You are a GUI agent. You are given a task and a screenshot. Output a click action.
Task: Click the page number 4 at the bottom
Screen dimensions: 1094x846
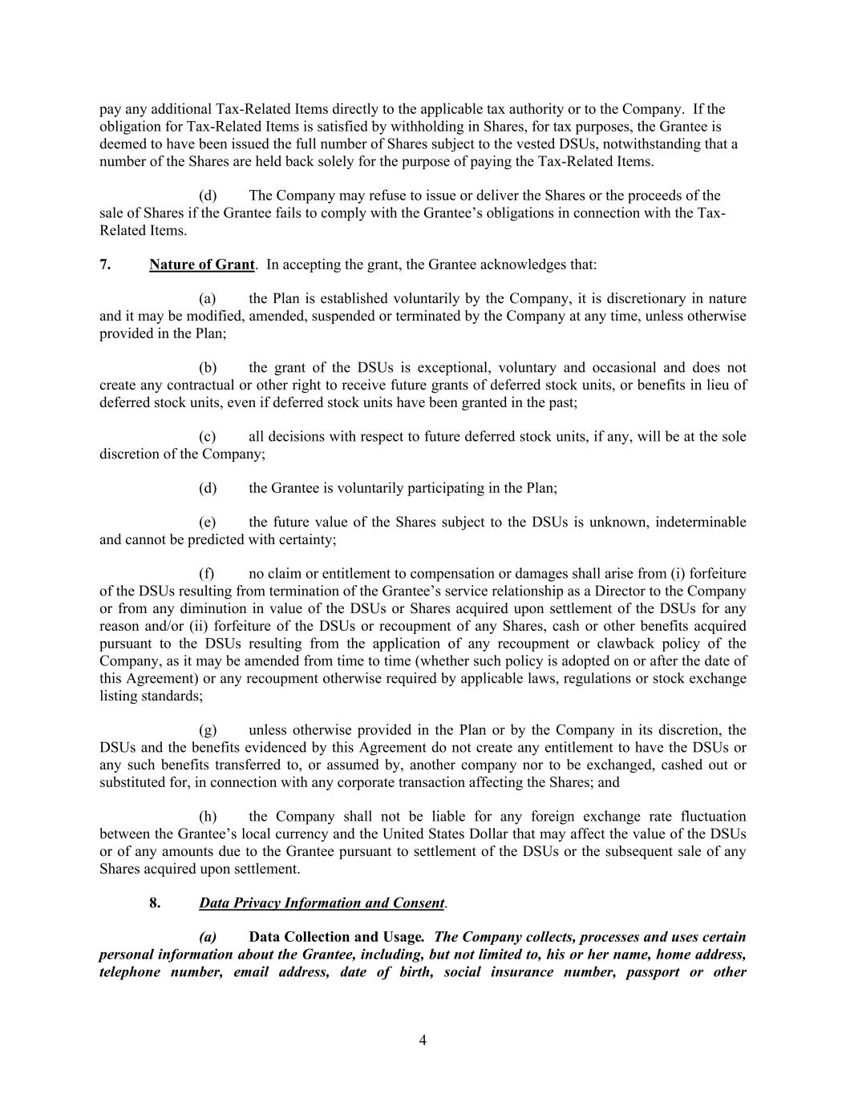point(423,1041)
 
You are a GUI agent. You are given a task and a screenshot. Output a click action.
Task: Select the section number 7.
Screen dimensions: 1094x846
point(105,264)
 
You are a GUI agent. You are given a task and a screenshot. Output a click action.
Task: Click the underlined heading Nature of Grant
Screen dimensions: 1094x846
point(201,264)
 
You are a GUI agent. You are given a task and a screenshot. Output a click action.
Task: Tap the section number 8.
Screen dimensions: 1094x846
point(155,903)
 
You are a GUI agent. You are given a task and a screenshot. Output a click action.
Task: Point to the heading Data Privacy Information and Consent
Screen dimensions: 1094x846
point(322,903)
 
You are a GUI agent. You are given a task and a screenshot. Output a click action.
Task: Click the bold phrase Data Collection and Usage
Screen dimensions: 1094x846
point(337,938)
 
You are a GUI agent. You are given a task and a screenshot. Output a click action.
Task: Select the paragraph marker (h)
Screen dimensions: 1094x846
point(208,817)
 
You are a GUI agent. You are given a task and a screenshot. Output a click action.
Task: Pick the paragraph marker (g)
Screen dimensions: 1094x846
point(208,730)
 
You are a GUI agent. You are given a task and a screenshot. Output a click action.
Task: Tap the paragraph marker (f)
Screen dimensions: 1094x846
point(207,574)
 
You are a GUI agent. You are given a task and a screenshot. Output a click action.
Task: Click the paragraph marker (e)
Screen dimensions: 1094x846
point(207,523)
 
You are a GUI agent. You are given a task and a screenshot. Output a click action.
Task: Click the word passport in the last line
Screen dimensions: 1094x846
point(651,972)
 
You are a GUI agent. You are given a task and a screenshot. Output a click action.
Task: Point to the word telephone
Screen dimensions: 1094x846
point(128,972)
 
